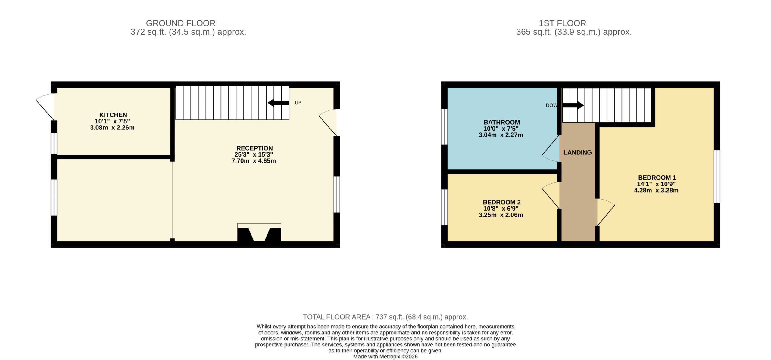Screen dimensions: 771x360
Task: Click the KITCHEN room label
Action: [x=113, y=115]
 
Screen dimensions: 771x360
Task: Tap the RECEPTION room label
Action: [x=254, y=148]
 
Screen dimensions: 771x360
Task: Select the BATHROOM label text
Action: [x=502, y=122]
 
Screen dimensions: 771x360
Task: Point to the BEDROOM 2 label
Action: [x=502, y=202]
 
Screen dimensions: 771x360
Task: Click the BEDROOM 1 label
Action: [x=657, y=178]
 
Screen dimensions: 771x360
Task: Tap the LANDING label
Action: [x=578, y=153]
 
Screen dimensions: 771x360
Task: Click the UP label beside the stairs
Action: [x=298, y=103]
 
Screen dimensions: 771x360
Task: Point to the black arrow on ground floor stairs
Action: [x=278, y=103]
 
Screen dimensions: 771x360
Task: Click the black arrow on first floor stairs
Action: [x=573, y=105]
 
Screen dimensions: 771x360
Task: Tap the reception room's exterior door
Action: [x=328, y=123]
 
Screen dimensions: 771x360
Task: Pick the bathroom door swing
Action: [x=551, y=148]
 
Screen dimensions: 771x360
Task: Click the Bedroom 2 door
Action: [x=551, y=196]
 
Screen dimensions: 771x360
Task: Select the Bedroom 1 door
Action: [x=606, y=212]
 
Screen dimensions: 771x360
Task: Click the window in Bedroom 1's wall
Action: [x=717, y=176]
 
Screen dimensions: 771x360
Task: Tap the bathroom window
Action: [x=444, y=127]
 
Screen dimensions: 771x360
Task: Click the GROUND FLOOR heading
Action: [x=181, y=23]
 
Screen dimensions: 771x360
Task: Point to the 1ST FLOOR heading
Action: [x=562, y=23]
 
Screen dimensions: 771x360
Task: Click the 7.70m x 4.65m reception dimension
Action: [x=254, y=161]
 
